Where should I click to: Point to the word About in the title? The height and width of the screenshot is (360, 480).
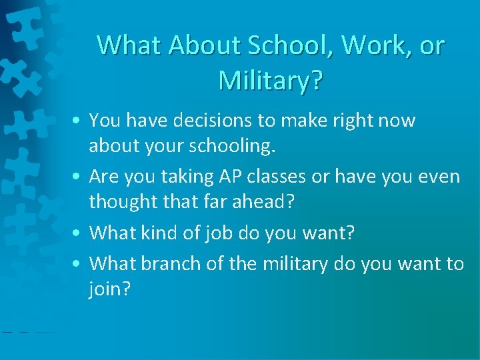coord(204,45)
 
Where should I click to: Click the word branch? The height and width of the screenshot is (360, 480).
coord(167,264)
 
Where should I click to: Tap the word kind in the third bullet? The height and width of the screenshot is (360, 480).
coord(163,233)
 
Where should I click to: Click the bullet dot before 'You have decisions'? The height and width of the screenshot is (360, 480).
coord(79,121)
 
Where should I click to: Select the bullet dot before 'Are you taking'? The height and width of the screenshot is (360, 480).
coord(79,177)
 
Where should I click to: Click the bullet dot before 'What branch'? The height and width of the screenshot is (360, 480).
coord(79,265)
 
